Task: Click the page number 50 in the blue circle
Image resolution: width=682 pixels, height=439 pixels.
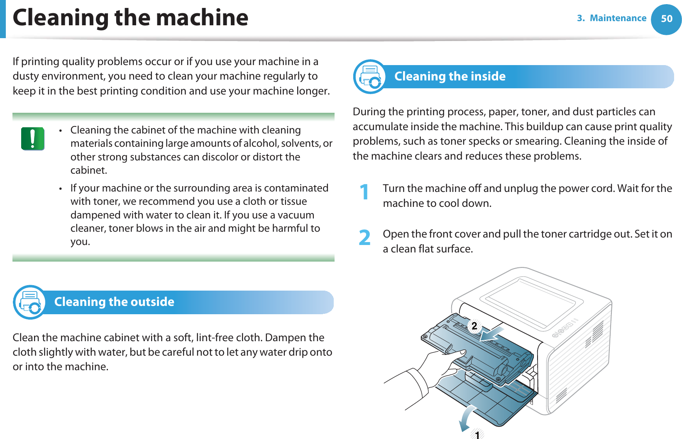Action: pyautogui.click(x=666, y=19)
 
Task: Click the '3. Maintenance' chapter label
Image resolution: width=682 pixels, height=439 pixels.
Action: pyautogui.click(x=611, y=18)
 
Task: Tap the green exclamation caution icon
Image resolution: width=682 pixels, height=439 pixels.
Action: pyautogui.click(x=33, y=138)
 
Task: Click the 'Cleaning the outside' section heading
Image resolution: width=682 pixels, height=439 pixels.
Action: pyautogui.click(x=114, y=302)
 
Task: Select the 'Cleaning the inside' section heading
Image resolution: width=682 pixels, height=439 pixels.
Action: pyautogui.click(x=450, y=76)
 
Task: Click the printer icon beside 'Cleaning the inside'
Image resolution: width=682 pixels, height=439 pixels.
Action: pyautogui.click(x=370, y=77)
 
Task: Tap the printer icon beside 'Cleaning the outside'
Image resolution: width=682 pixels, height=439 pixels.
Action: pyautogui.click(x=29, y=302)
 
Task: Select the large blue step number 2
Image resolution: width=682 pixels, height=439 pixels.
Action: pyautogui.click(x=364, y=238)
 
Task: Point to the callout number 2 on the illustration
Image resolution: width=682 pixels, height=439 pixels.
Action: pyautogui.click(x=474, y=326)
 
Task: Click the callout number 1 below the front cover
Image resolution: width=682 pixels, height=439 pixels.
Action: pyautogui.click(x=477, y=434)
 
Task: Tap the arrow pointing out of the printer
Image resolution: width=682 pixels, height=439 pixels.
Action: pyautogui.click(x=492, y=334)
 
